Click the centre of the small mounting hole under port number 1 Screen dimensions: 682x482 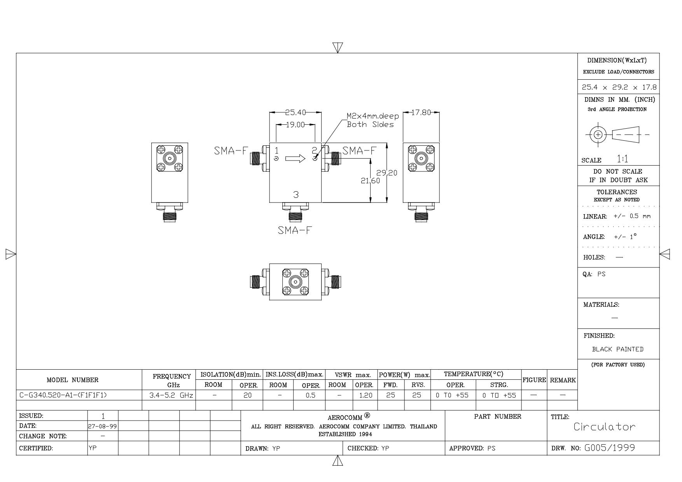[276, 159]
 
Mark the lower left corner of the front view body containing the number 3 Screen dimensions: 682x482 [270, 203]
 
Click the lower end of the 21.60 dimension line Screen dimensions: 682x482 [371, 203]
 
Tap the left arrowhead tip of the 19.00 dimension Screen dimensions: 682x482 [276, 125]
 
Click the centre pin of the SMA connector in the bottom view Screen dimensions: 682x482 [296, 282]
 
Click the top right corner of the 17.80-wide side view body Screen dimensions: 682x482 [440, 143]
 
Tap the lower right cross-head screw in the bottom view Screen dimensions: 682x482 [304, 291]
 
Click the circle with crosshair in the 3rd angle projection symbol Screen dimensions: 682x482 [598, 135]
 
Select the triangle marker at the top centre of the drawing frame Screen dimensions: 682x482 [338, 47]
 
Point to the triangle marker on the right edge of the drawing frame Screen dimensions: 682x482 [665, 254]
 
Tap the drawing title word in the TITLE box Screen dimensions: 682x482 [605, 427]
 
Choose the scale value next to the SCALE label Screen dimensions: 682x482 [622, 159]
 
